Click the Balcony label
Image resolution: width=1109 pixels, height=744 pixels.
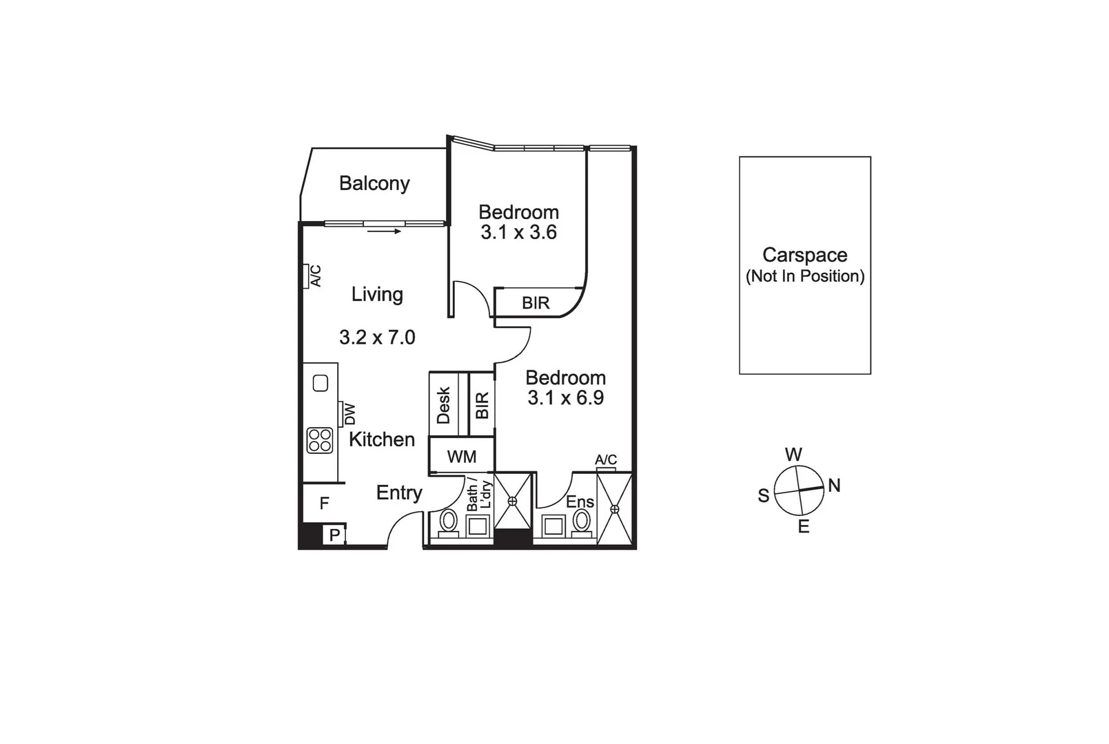pos(374,183)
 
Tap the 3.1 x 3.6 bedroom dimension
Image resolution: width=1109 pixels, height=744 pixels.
pos(518,232)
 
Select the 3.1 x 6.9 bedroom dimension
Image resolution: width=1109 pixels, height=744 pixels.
pos(565,397)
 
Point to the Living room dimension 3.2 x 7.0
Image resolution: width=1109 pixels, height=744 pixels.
pos(377,337)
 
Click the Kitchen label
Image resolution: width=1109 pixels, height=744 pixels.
pos(381,440)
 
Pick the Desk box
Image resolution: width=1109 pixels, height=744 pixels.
pos(444,404)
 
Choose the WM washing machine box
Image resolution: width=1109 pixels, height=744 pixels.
pos(461,457)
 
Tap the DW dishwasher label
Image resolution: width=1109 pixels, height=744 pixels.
pos(349,413)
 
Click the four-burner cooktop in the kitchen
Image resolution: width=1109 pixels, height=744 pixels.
pos(320,440)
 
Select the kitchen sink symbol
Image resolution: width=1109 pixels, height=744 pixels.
pos(321,383)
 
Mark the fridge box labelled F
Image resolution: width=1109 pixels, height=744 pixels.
pos(324,504)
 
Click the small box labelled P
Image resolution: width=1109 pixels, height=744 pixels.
pos(334,535)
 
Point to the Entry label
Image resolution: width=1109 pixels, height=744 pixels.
pos(399,493)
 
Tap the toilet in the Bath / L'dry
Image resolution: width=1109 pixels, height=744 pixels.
pos(449,522)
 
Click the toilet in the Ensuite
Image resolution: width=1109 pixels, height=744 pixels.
pos(582,522)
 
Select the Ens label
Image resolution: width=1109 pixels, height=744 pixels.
pos(580,502)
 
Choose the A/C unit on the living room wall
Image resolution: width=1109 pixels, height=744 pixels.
pos(305,276)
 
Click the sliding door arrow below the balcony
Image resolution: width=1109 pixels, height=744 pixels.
pos(384,231)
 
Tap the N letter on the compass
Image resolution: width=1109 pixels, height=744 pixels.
pos(834,486)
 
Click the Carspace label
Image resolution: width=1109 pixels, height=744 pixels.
pos(804,255)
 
